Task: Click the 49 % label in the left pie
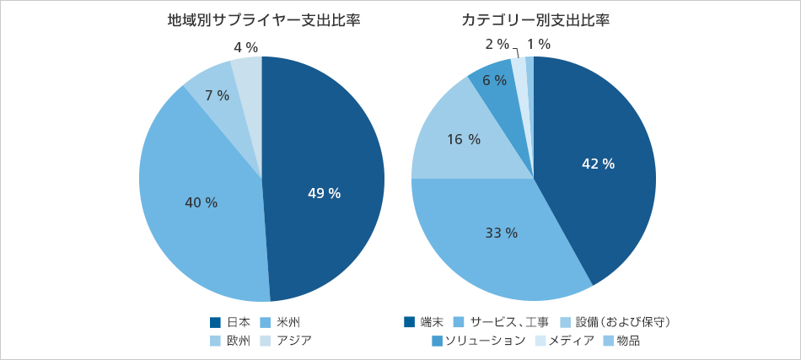(x=324, y=194)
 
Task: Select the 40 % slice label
(x=201, y=203)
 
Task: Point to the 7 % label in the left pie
(x=217, y=96)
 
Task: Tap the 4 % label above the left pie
(x=245, y=48)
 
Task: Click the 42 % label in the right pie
(x=598, y=164)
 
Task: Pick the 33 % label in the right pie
(x=501, y=233)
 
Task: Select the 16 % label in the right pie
(x=463, y=140)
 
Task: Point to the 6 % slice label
(x=494, y=81)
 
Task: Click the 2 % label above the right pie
(x=497, y=44)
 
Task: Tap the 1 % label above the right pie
(x=539, y=44)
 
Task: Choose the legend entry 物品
(x=627, y=341)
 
